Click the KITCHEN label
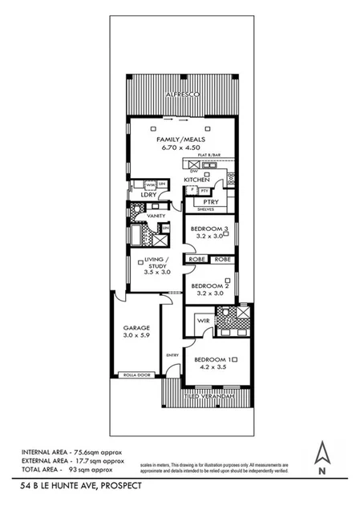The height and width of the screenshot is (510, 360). pos(196,180)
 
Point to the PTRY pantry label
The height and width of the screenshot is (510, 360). pos(212,202)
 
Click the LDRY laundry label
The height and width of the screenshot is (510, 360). pos(148,195)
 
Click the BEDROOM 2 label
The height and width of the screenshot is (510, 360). pos(210,286)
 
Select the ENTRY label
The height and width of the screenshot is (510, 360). pos(171,354)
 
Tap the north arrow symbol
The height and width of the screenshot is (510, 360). pos(322,456)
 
